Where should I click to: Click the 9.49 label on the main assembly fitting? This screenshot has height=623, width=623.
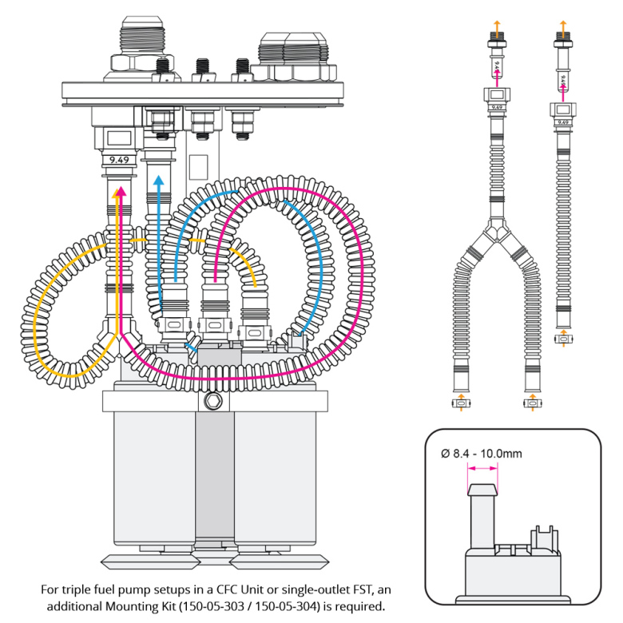pyautogui.click(x=118, y=158)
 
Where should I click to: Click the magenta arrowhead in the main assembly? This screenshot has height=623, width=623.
pyautogui.click(x=121, y=192)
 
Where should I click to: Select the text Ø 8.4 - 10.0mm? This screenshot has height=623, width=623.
pyautogui.click(x=482, y=454)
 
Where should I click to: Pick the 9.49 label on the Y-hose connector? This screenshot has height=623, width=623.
pyautogui.click(x=497, y=105)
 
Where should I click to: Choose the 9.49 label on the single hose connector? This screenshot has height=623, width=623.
pyautogui.click(x=563, y=121)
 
